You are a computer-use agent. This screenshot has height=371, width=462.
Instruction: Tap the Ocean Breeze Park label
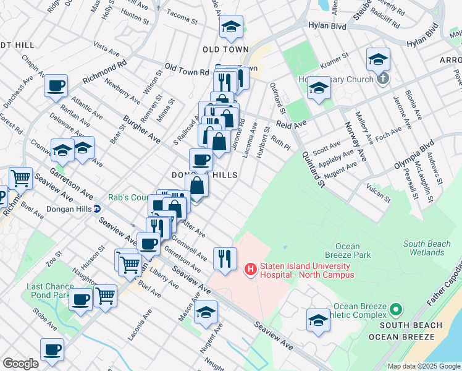[348, 250]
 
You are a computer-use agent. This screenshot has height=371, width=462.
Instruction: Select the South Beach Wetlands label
[432, 248]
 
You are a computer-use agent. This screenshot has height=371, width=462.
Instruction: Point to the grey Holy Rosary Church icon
[383, 79]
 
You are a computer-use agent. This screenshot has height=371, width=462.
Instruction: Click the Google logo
[20, 364]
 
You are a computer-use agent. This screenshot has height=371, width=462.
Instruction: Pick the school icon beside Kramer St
[378, 59]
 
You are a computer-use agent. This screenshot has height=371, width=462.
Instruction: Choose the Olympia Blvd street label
[414, 158]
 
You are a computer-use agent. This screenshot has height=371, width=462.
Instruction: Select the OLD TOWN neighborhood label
[225, 49]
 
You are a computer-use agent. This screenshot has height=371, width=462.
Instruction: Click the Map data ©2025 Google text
[423, 366]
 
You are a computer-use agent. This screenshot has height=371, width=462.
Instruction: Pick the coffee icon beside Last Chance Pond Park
[80, 300]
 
